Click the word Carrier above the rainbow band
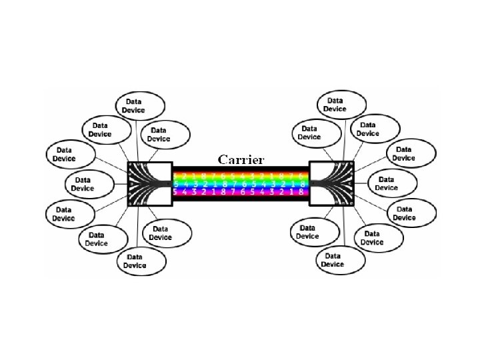click(x=241, y=160)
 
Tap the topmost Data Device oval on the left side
click(x=140, y=105)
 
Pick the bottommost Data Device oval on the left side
click(x=142, y=261)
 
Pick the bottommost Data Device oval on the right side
click(x=340, y=259)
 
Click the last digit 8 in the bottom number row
click(x=302, y=192)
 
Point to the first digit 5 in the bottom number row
click(x=175, y=192)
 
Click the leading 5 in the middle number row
click(x=175, y=183)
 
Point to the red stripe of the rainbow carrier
click(x=241, y=169)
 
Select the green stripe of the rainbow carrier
click(x=241, y=181)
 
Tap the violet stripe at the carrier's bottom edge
click(x=241, y=197)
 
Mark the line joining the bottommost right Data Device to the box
click(x=342, y=227)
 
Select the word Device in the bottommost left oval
click(x=135, y=265)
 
